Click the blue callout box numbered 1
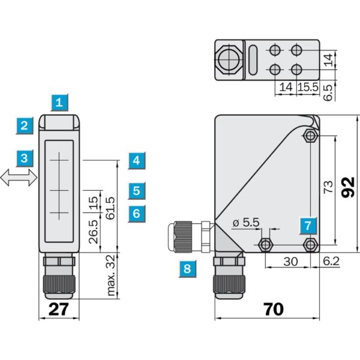[59, 103]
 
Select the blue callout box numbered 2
[24, 125]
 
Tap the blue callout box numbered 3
[24, 158]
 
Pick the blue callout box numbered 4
[137, 160]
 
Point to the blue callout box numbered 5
[137, 191]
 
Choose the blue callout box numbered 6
[137, 212]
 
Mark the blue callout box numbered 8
[187, 269]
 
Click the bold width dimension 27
[59, 309]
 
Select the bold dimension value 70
[273, 309]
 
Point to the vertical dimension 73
[328, 187]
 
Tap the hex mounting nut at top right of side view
[309, 136]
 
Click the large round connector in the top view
[229, 60]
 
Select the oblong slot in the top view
[253, 61]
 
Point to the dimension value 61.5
[110, 208]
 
